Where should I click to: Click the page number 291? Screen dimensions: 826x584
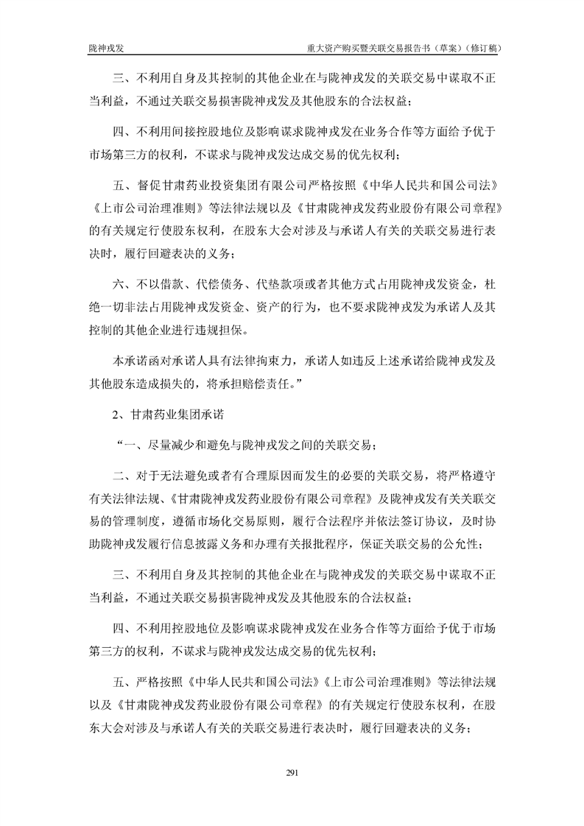(291, 772)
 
